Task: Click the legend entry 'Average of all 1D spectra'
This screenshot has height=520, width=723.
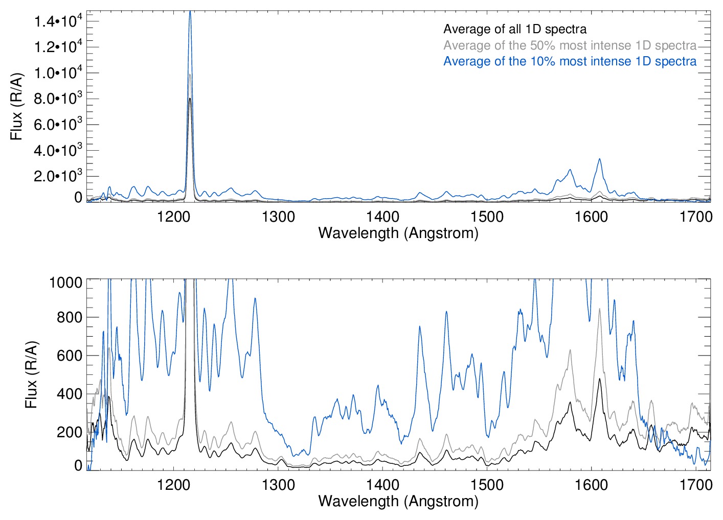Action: pyautogui.click(x=515, y=29)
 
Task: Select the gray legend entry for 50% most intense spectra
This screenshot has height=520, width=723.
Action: pyautogui.click(x=570, y=45)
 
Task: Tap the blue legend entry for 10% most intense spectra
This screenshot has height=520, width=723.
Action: pyautogui.click(x=570, y=61)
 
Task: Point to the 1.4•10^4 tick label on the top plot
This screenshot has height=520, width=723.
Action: pyautogui.click(x=58, y=21)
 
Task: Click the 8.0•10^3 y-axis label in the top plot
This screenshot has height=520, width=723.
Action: pyautogui.click(x=58, y=99)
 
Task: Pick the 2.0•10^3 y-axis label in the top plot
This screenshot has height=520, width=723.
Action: pyautogui.click(x=58, y=176)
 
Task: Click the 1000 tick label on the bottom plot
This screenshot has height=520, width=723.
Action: pyautogui.click(x=66, y=282)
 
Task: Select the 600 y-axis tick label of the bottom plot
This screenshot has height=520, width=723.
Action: pyautogui.click(x=70, y=356)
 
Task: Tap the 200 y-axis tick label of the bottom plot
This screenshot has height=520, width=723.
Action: pyautogui.click(x=70, y=432)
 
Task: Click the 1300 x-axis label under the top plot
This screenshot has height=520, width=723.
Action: pyautogui.click(x=278, y=217)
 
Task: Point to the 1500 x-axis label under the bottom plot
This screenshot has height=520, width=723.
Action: pyautogui.click(x=487, y=485)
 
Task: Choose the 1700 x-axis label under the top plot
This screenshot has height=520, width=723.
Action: pyautogui.click(x=695, y=217)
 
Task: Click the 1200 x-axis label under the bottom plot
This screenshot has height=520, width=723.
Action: pyautogui.click(x=174, y=485)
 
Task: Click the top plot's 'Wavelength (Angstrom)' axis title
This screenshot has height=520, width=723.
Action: pyautogui.click(x=398, y=233)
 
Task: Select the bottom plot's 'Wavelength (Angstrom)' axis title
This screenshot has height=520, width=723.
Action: pyautogui.click(x=398, y=501)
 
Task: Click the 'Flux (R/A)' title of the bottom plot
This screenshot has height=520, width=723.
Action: pyautogui.click(x=32, y=374)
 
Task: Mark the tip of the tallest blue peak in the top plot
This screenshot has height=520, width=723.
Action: pyautogui.click(x=190, y=11)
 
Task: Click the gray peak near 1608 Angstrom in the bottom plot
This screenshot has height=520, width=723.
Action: pyautogui.click(x=599, y=309)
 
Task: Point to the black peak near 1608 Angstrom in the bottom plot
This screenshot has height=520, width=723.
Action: pyautogui.click(x=599, y=379)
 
